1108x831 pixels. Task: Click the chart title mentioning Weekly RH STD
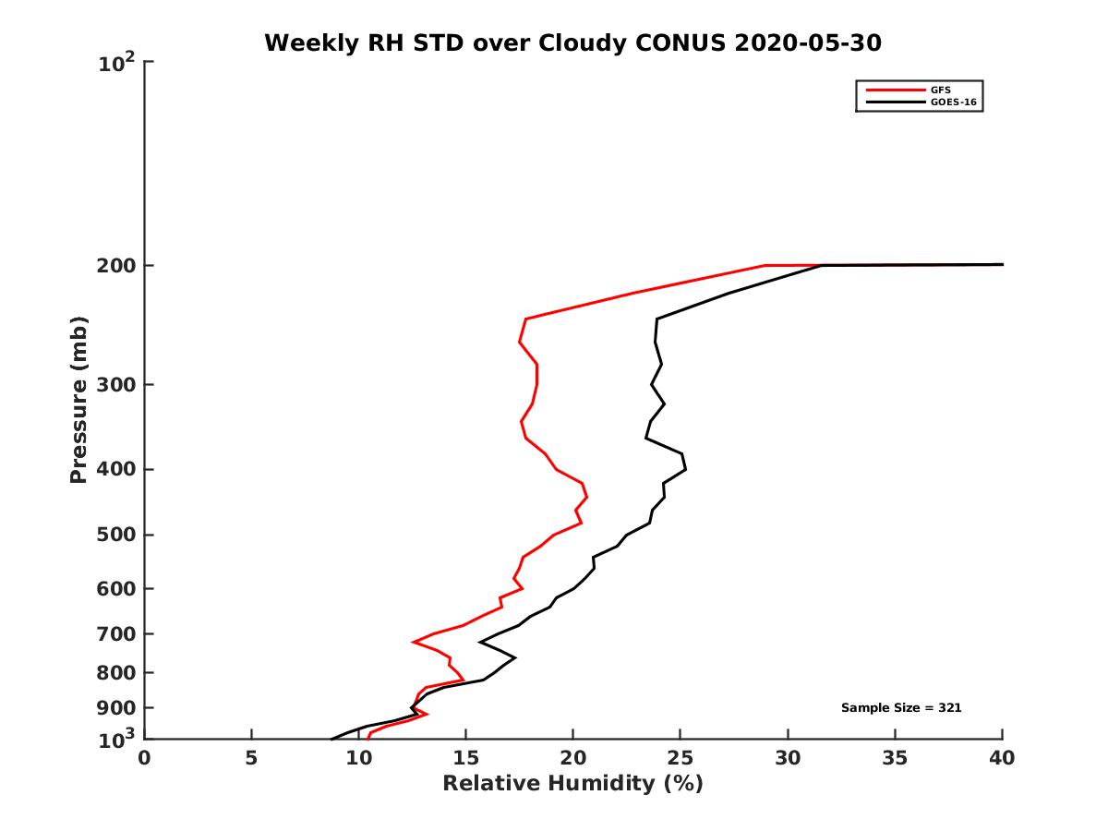[572, 42]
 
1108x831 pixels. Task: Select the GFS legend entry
[941, 90]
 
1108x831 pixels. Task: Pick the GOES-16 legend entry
[952, 102]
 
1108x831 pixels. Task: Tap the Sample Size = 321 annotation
[901, 708]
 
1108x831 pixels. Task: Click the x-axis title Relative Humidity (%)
[572, 784]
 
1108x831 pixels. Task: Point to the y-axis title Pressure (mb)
[78, 400]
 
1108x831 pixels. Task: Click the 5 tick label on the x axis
[251, 758]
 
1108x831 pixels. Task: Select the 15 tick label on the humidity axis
[465, 758]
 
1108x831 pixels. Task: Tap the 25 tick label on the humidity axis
[680, 758]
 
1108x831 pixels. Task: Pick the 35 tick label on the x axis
[895, 758]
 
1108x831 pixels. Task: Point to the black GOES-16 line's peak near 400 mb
[685, 470]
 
